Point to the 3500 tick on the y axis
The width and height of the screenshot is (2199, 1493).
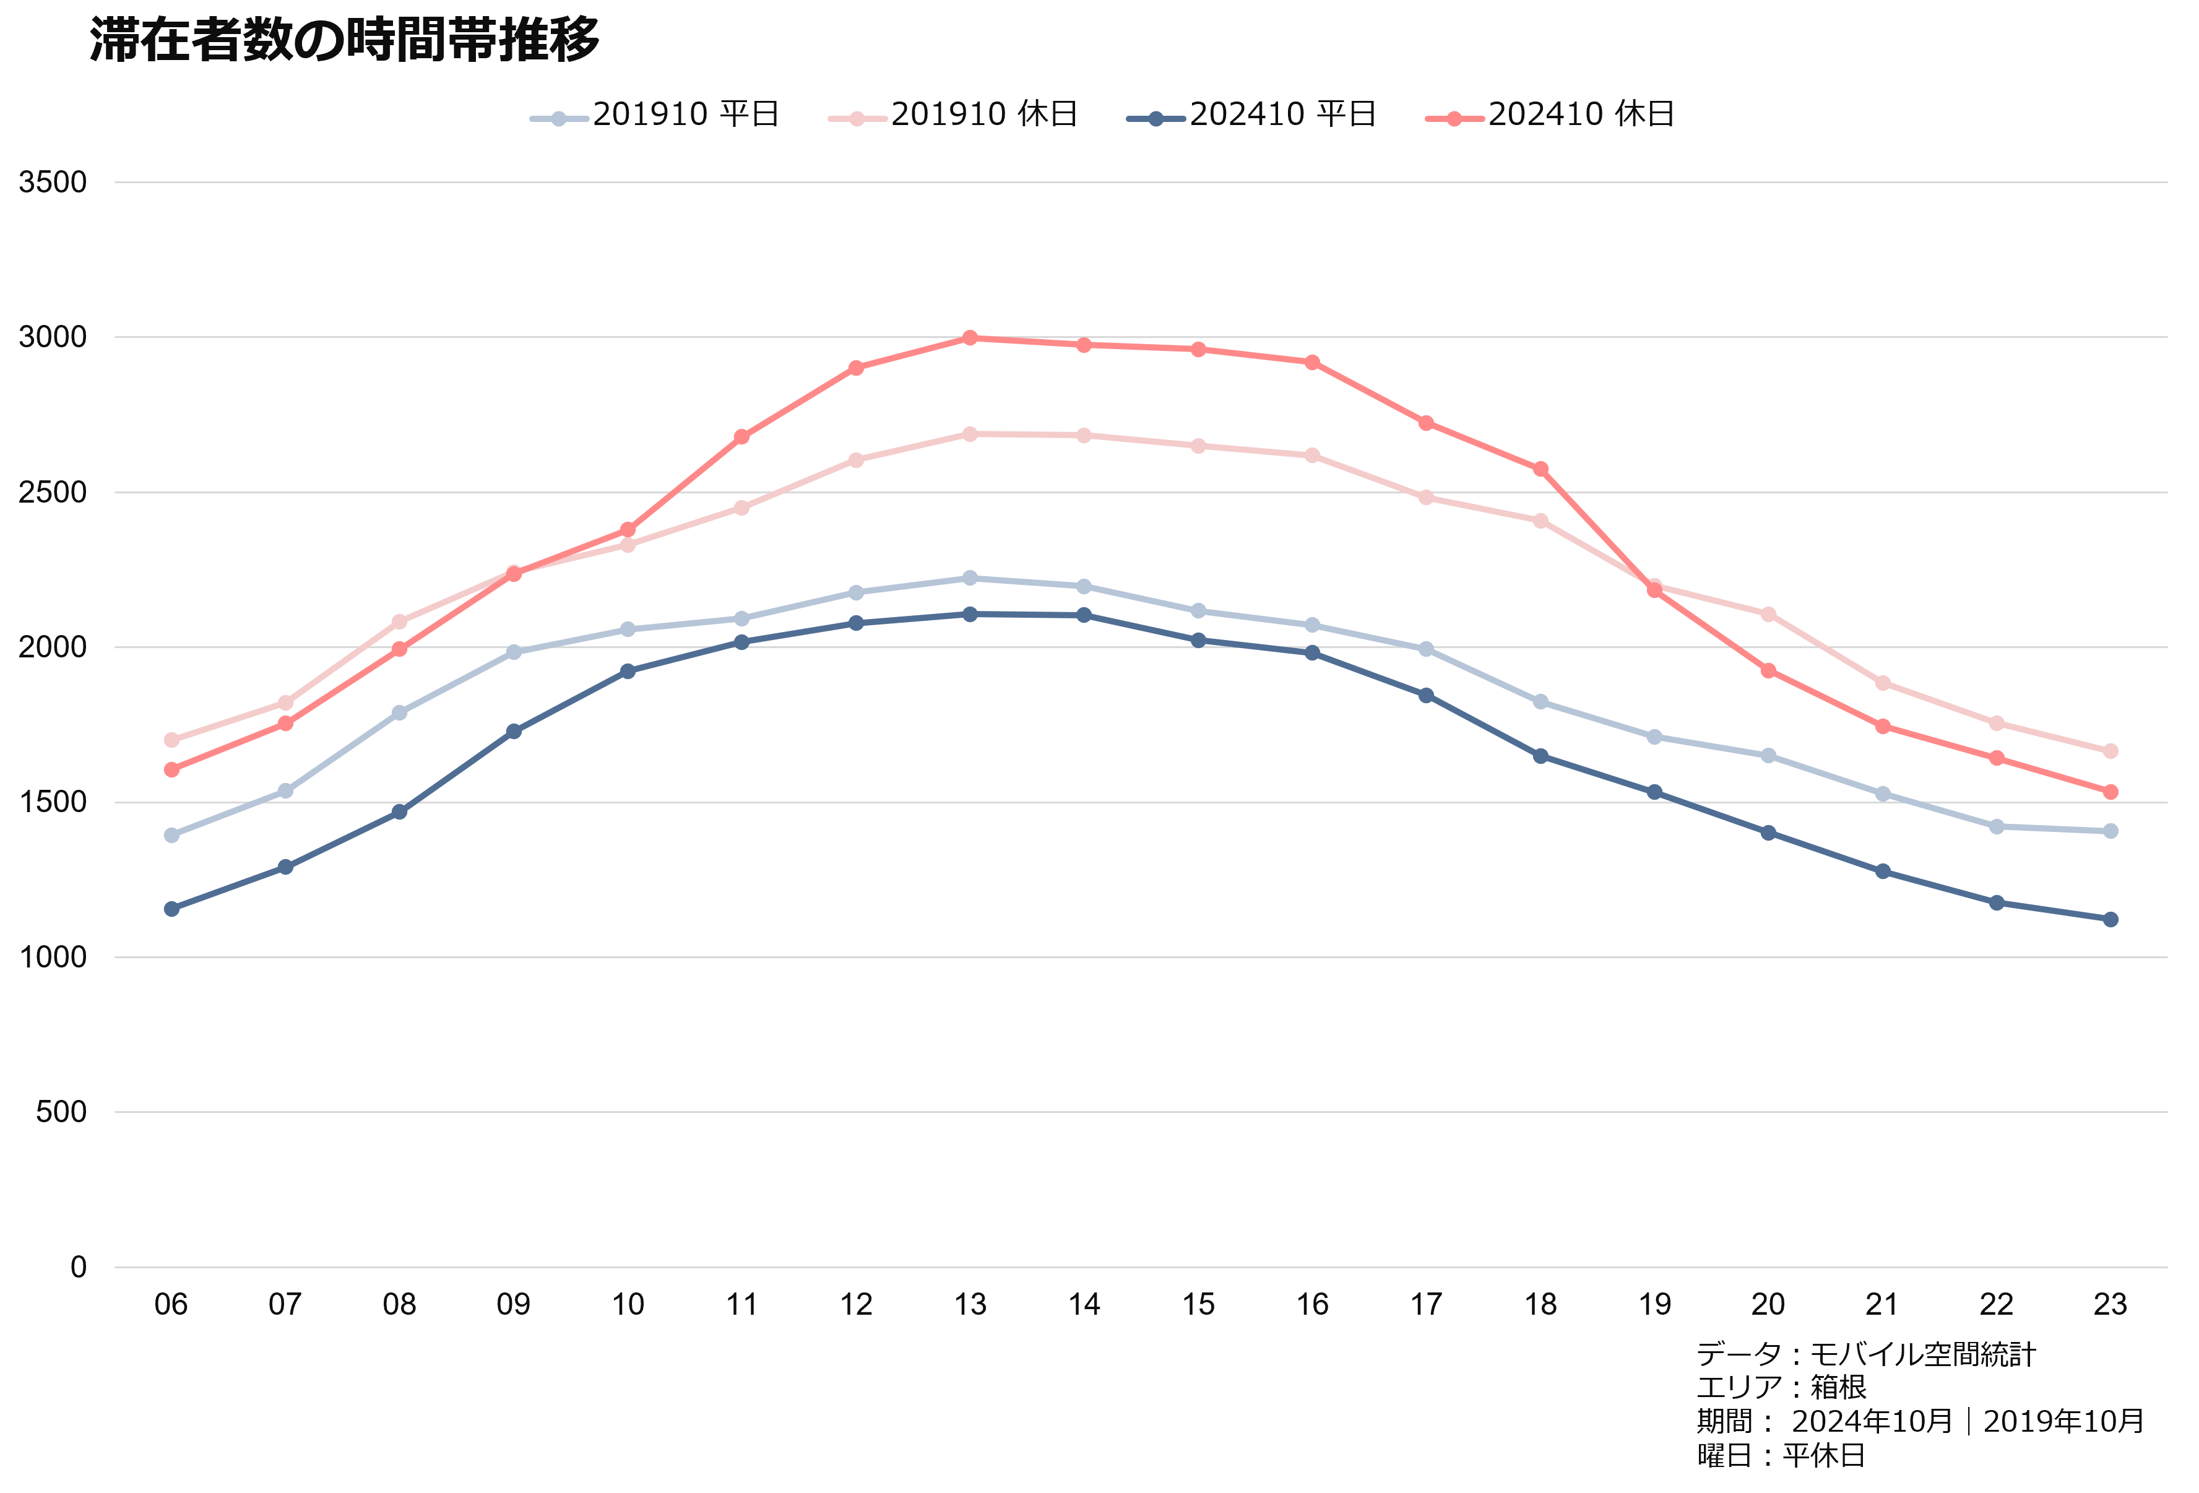(x=53, y=183)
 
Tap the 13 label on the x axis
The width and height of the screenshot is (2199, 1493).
(x=970, y=1305)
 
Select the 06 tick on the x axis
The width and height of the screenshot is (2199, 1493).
(x=171, y=1305)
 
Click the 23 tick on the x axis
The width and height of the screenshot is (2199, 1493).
(x=2110, y=1305)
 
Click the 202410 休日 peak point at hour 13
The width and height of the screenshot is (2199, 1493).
(x=970, y=338)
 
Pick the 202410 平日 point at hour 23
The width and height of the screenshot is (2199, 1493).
(x=2110, y=920)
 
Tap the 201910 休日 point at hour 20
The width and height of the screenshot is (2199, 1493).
(x=1768, y=614)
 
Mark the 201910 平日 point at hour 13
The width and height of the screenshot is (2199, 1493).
(x=970, y=577)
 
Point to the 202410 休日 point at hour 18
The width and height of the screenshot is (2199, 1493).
(x=1540, y=469)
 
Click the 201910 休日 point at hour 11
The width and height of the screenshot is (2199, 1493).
(x=742, y=508)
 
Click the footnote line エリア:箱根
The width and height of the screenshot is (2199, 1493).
(x=1781, y=1387)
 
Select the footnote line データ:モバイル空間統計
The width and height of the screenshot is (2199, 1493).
(x=1865, y=1355)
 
